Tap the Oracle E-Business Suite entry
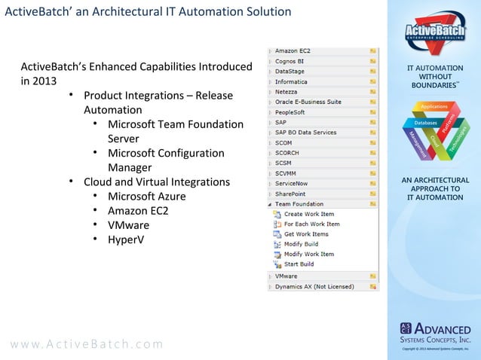308,102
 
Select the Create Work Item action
308,215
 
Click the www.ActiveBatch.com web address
86,344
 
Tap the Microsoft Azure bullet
146,196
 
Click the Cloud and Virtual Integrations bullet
156,182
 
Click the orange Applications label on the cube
434,107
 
